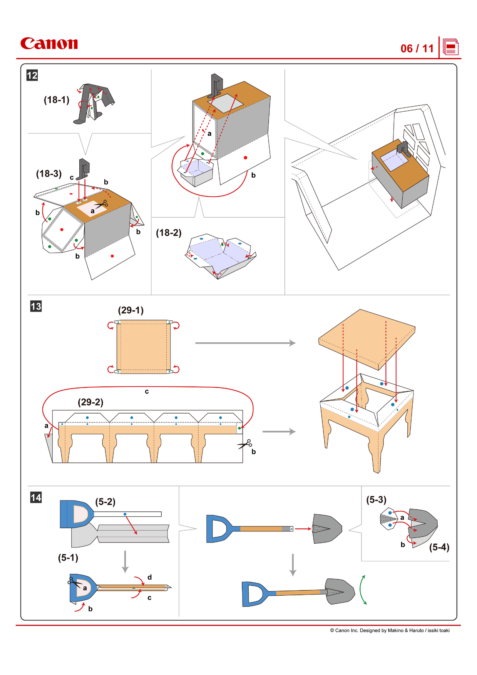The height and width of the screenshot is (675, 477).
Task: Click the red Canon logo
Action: click(x=49, y=44)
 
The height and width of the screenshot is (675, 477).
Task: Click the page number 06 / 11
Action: click(x=417, y=49)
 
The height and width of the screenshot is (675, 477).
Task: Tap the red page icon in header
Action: click(x=450, y=47)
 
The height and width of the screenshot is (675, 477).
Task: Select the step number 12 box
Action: click(x=32, y=75)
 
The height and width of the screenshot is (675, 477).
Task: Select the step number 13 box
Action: click(x=36, y=306)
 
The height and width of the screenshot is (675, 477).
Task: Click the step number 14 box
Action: click(x=36, y=497)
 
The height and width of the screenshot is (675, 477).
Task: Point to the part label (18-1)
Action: click(x=56, y=100)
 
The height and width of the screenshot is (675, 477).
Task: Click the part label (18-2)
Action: click(x=168, y=233)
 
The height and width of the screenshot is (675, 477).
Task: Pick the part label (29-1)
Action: click(x=131, y=310)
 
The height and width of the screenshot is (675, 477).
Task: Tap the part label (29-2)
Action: click(x=90, y=402)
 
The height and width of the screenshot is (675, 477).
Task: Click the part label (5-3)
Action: click(x=376, y=499)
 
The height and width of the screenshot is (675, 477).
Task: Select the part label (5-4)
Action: click(x=439, y=547)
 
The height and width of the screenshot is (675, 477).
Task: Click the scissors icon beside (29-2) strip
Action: click(x=245, y=444)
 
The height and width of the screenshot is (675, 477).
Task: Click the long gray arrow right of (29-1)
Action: click(x=245, y=343)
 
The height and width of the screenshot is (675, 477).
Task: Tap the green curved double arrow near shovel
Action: click(x=363, y=590)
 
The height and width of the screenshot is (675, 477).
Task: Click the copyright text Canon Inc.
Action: click(x=389, y=630)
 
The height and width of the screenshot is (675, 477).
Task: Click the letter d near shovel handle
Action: click(x=149, y=577)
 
